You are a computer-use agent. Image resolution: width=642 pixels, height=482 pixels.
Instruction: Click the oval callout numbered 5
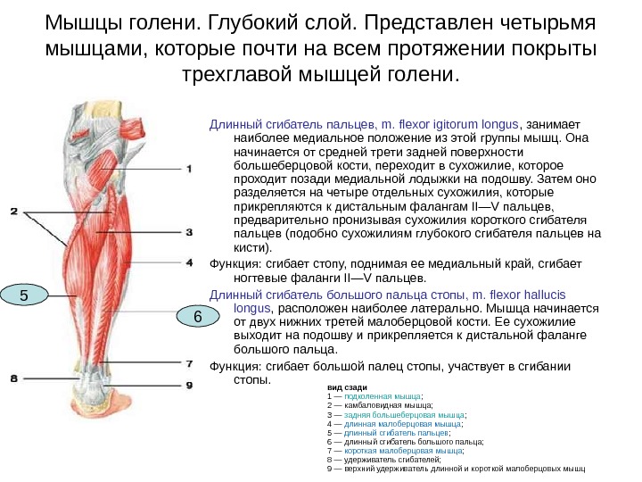click(24, 295)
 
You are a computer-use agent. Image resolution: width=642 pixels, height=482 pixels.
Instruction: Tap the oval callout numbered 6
click(197, 316)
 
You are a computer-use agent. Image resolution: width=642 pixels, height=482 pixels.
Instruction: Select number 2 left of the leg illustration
click(13, 212)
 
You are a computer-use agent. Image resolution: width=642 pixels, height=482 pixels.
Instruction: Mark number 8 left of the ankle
click(13, 378)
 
